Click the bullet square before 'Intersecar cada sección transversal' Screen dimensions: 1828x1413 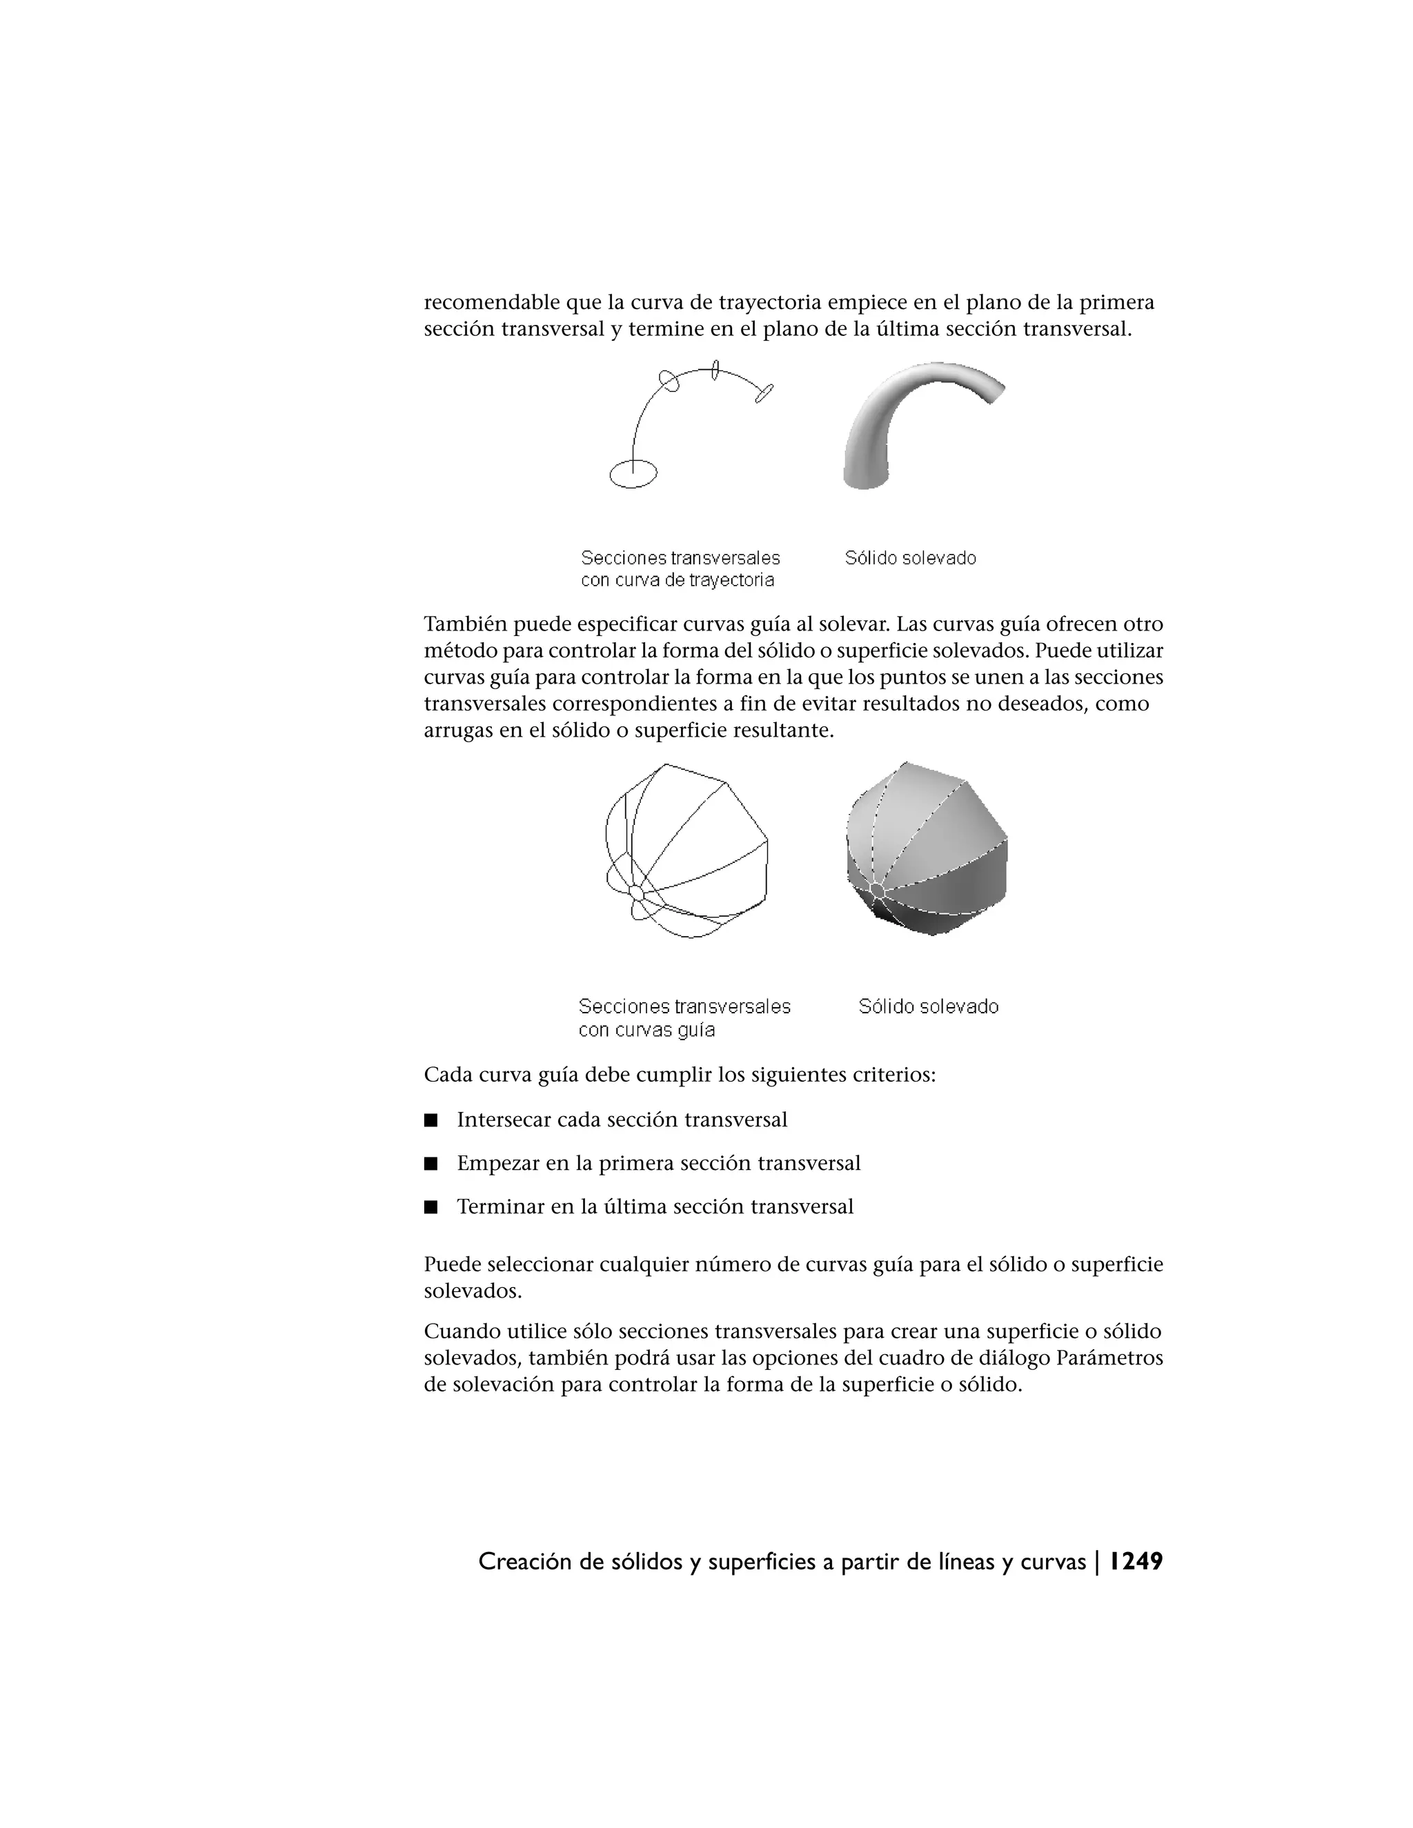click(x=431, y=1120)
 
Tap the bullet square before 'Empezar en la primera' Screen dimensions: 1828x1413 click(x=431, y=1164)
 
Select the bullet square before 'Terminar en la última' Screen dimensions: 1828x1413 click(x=431, y=1207)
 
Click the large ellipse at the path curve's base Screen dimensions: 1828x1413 click(x=633, y=474)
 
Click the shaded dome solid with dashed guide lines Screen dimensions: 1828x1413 click(x=927, y=850)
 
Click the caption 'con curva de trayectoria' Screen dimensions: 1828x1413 click(x=678, y=580)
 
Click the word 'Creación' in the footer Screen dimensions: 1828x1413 click(x=525, y=1561)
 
